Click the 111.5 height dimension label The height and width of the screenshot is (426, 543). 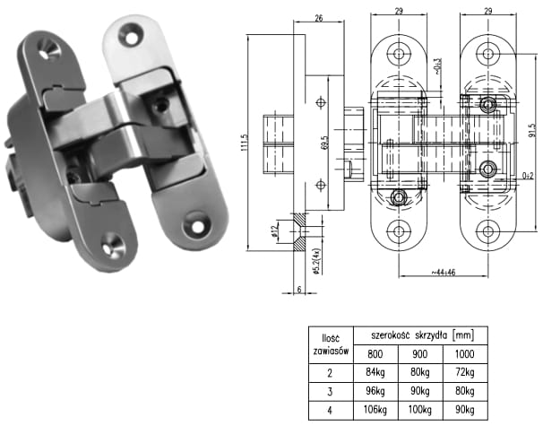[x=245, y=143]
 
